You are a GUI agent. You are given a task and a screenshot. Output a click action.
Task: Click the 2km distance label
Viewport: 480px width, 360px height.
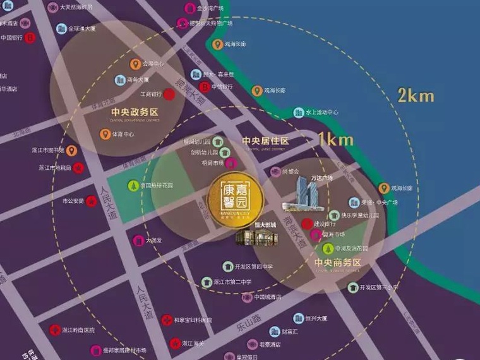[416, 95]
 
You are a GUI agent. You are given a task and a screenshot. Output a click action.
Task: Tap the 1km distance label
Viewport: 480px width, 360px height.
[335, 140]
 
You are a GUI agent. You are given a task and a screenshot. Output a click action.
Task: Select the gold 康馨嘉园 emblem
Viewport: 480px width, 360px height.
[236, 196]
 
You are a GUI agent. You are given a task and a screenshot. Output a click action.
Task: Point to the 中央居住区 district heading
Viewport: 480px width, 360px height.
[265, 140]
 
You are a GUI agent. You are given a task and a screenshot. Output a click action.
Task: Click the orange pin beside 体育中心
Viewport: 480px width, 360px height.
[105, 134]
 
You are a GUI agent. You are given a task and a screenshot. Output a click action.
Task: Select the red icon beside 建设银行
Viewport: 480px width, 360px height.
[308, 223]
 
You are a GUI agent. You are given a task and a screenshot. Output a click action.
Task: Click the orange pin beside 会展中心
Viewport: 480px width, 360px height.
[135, 64]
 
